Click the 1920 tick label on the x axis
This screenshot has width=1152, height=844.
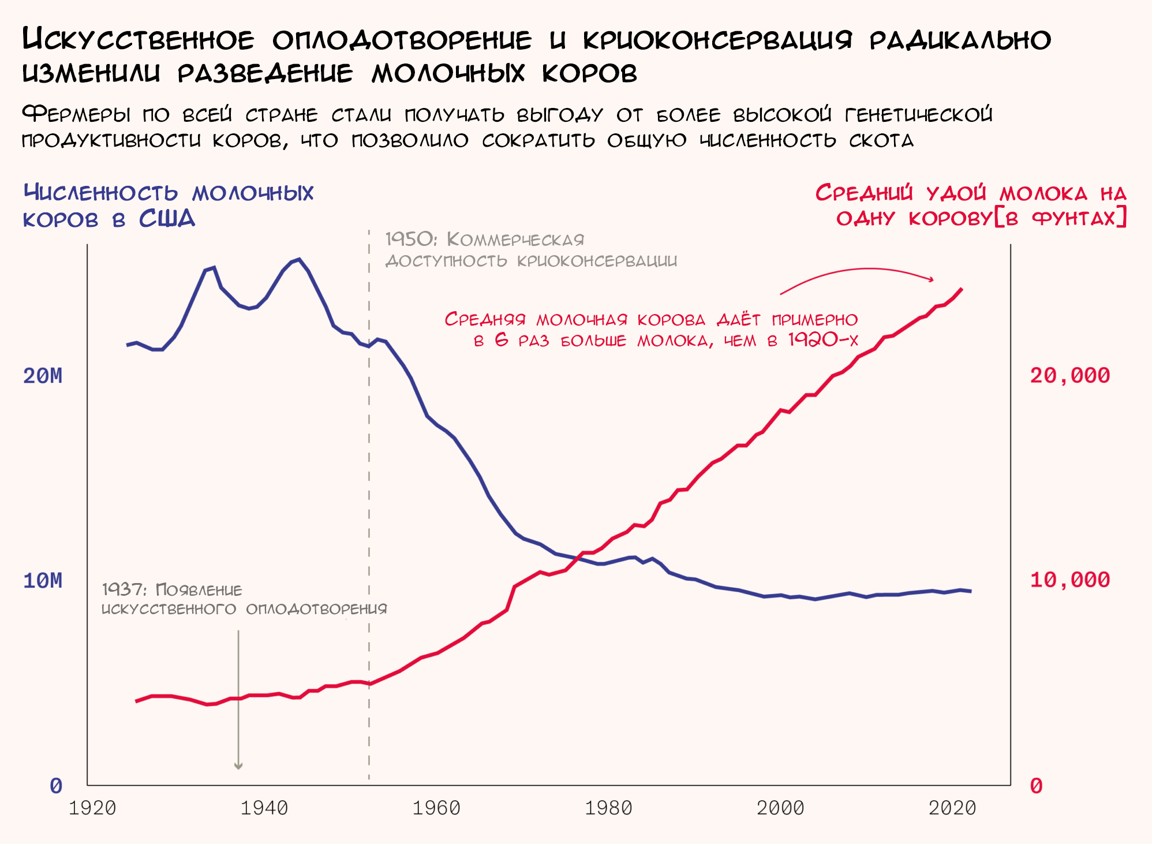(92, 808)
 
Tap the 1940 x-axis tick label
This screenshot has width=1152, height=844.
(264, 808)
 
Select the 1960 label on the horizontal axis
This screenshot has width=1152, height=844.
(436, 808)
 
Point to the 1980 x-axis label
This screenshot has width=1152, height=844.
(608, 808)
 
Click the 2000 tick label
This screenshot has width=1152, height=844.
(780, 808)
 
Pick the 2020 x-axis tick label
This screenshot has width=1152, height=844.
(952, 808)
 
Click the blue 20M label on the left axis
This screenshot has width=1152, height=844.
(43, 376)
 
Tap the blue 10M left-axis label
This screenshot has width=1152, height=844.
(43, 581)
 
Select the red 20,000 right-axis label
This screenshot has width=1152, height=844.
(1069, 376)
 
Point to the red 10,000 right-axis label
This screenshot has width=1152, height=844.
(1069, 580)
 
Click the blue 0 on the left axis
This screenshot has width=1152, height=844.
(55, 786)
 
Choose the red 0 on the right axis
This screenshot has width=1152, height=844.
(1037, 786)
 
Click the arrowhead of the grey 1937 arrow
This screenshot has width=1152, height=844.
(238, 766)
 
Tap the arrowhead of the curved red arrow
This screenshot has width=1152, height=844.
(931, 279)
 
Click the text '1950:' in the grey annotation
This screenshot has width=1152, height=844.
(411, 239)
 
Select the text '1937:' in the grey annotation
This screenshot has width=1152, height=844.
(124, 590)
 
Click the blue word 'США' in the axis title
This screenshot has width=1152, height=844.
(167, 219)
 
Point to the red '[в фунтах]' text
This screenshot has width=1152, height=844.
(1061, 218)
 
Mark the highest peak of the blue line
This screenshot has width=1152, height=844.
(298, 259)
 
